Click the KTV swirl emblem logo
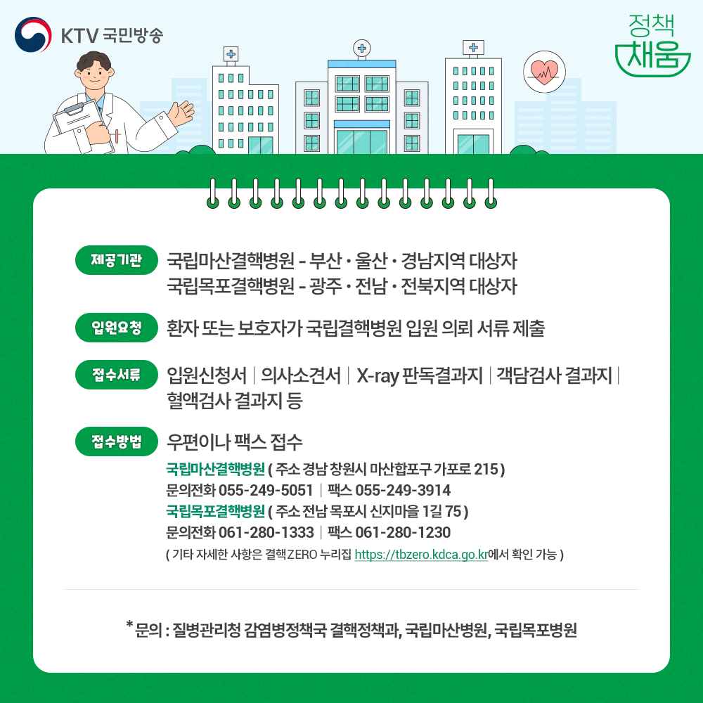pyautogui.click(x=33, y=34)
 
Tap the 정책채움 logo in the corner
pyautogui.click(x=652, y=45)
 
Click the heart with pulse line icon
pyautogui.click(x=544, y=72)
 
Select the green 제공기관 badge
pyautogui.click(x=117, y=260)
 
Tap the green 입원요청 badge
pyautogui.click(x=117, y=328)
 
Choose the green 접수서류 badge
pyautogui.click(x=117, y=375)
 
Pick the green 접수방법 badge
pyautogui.click(x=117, y=441)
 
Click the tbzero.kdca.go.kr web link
pyautogui.click(x=421, y=555)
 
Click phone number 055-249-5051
pyautogui.click(x=266, y=490)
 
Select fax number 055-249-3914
pyautogui.click(x=403, y=490)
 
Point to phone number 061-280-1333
pyautogui.click(x=266, y=532)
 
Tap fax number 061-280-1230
pyautogui.click(x=403, y=532)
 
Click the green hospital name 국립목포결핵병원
pyautogui.click(x=215, y=511)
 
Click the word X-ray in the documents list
pyautogui.click(x=378, y=375)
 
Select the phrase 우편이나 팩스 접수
pyautogui.click(x=235, y=442)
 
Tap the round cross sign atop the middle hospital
pyautogui.click(x=362, y=48)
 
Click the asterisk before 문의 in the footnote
pyautogui.click(x=129, y=624)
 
